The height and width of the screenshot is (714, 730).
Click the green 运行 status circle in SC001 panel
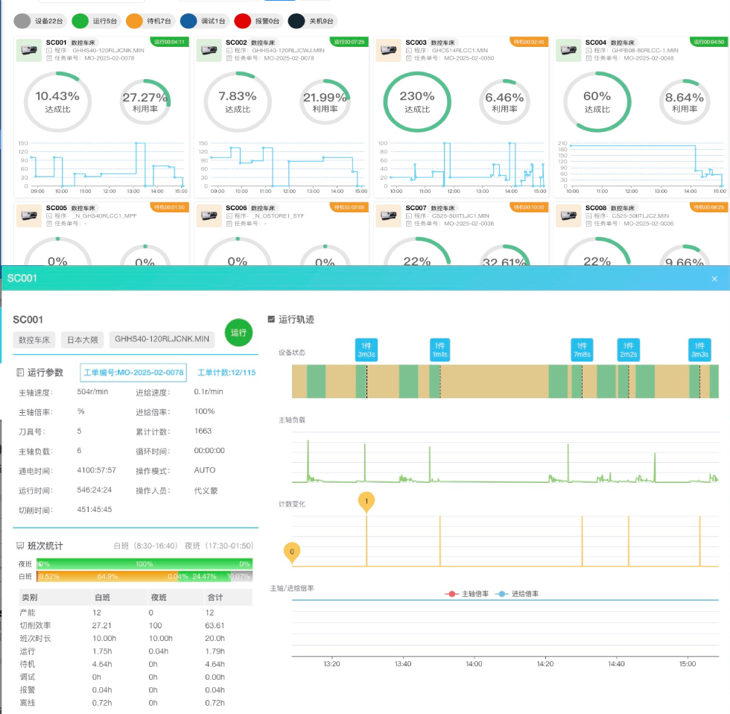point(238,333)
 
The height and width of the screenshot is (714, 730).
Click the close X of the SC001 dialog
point(714,279)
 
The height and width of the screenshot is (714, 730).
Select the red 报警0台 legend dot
point(242,22)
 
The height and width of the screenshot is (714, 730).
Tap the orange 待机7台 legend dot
point(135,22)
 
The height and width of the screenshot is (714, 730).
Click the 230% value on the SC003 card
point(416,96)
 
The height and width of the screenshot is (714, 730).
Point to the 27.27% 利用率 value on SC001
point(145,97)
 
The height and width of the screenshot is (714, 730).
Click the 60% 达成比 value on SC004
point(597,96)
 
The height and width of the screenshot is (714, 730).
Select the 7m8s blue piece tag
point(582,350)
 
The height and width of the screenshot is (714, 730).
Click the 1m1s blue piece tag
point(440,350)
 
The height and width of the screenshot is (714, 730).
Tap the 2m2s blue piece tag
point(628,350)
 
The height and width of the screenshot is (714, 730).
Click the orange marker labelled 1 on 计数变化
point(366,501)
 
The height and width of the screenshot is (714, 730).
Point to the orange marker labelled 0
point(292,552)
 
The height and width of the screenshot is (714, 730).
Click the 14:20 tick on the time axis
point(545,663)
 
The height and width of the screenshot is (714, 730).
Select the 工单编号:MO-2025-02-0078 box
point(133,372)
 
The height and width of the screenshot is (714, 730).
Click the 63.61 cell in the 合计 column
point(215,625)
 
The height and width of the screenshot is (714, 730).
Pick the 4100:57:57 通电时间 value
point(96,470)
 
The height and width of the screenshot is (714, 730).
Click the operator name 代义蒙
point(206,490)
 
